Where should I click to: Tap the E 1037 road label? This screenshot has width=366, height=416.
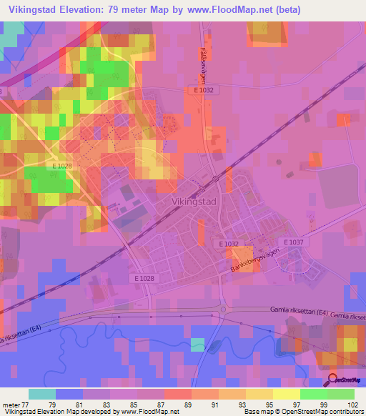pyautogui.click(x=294, y=243)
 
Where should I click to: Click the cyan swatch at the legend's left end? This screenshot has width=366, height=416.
pyautogui.click(x=42, y=394)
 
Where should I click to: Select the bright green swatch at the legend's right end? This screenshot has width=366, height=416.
pyautogui.click(x=341, y=394)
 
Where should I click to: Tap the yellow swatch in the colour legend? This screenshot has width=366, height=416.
pyautogui.click(x=287, y=394)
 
